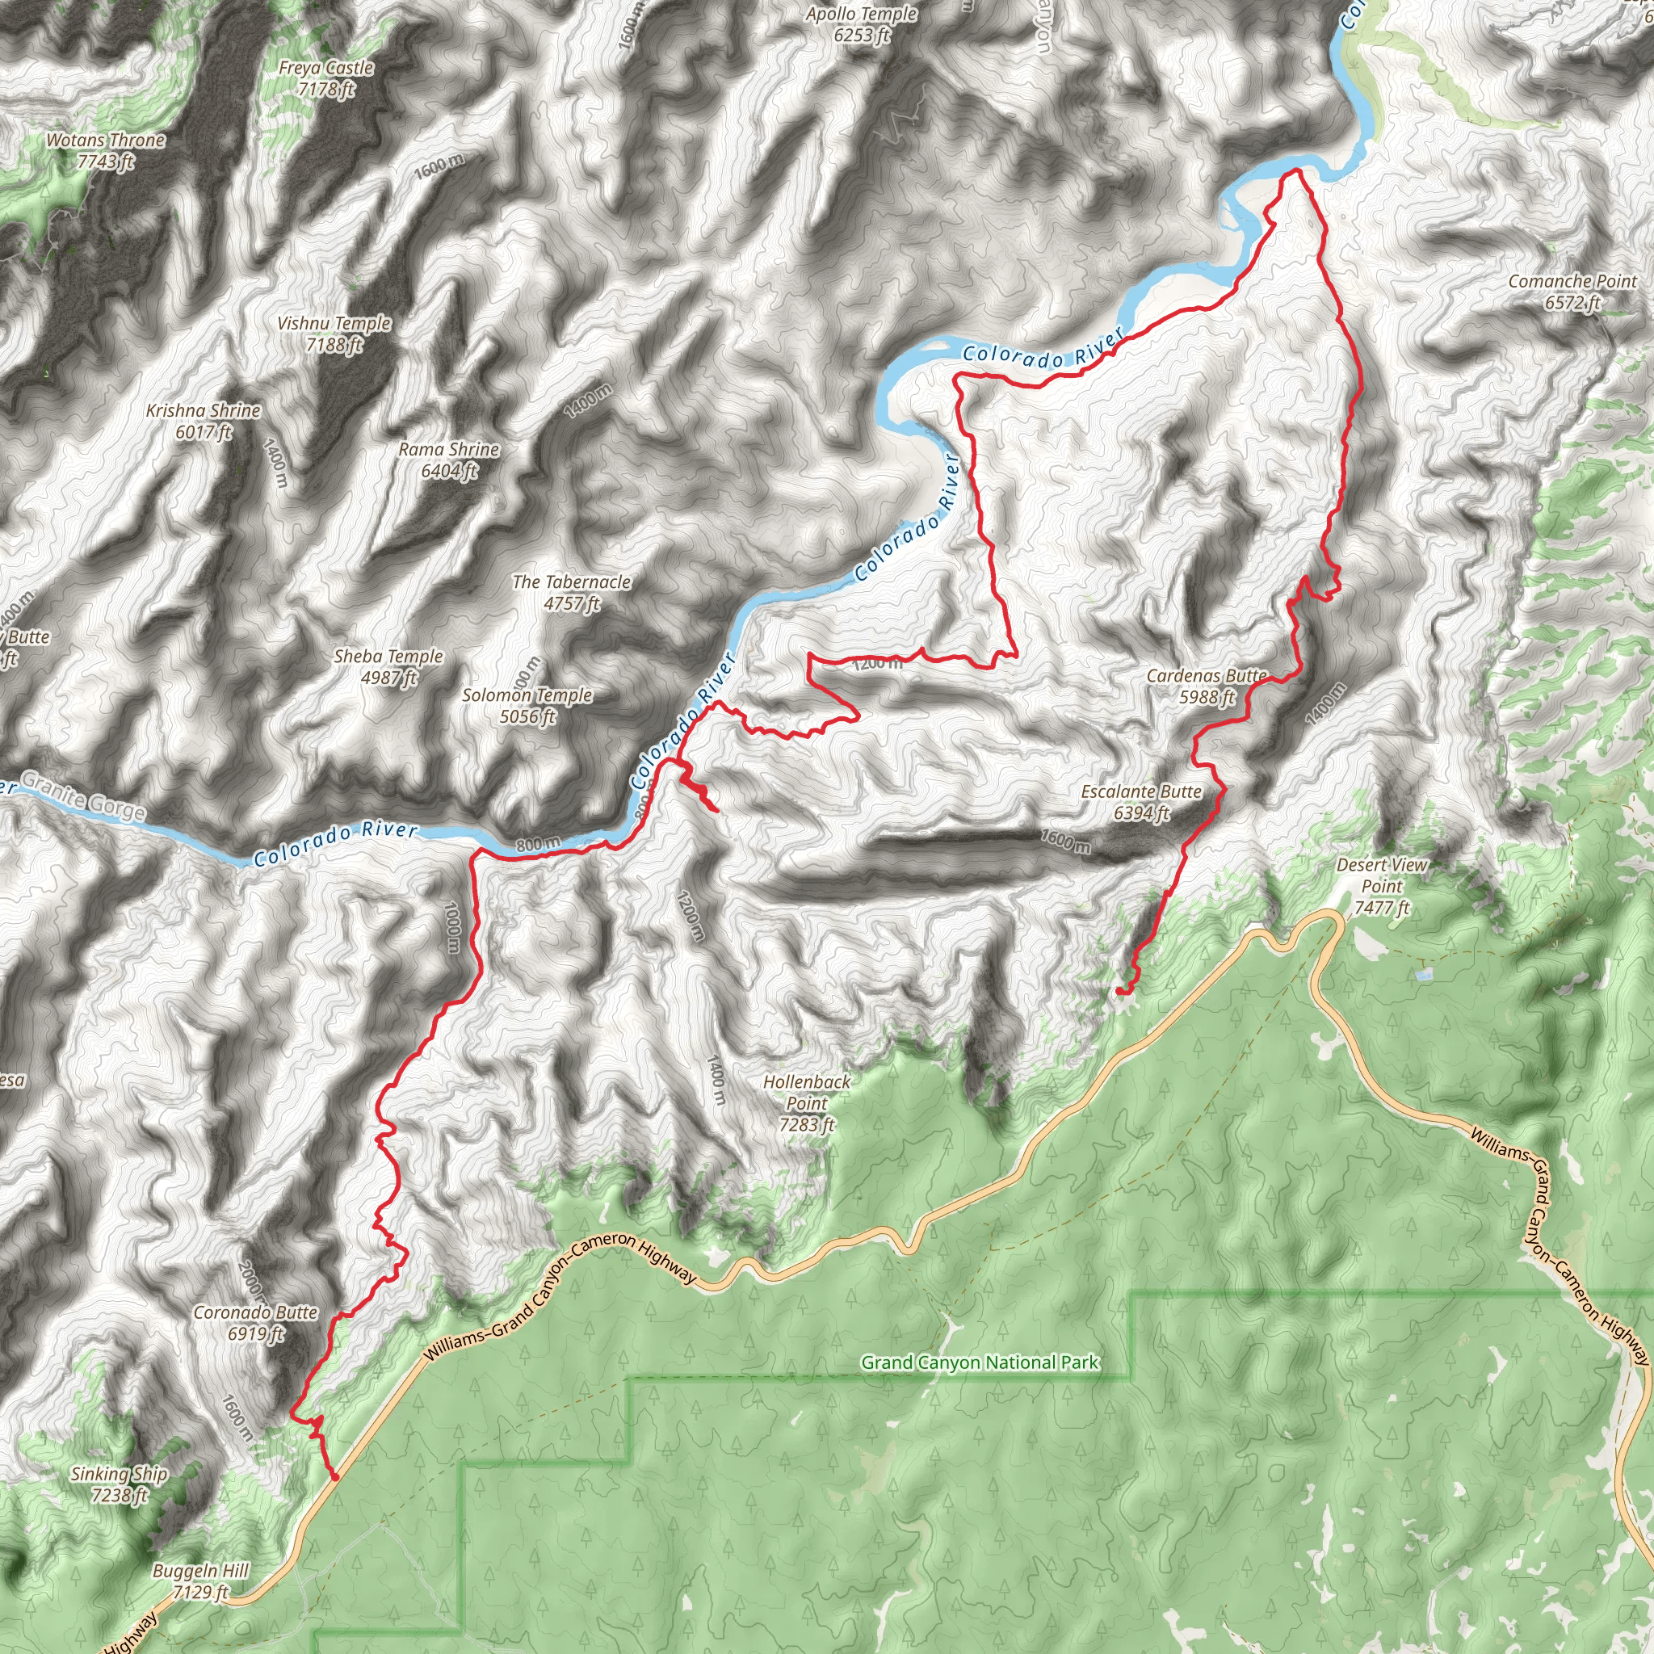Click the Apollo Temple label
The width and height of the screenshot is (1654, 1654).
point(861,24)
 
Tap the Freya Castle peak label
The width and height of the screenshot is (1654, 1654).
point(326,78)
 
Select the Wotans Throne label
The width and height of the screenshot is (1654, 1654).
point(105,151)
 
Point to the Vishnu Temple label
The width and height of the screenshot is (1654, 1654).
point(334,334)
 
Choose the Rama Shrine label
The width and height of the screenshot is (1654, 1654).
point(448,460)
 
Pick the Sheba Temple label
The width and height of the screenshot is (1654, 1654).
point(388,667)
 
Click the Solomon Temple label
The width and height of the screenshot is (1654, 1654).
point(527,705)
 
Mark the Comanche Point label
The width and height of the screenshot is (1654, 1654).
point(1572,291)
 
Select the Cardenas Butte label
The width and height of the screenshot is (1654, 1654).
point(1207,686)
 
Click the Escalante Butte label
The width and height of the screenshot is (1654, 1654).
point(1141,802)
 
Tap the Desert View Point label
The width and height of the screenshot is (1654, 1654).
point(1382,886)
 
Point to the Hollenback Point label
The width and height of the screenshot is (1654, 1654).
point(807,1102)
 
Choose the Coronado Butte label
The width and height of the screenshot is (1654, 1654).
point(255,1323)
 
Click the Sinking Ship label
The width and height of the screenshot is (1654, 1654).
point(119,1484)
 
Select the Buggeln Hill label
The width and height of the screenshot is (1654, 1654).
point(200,1581)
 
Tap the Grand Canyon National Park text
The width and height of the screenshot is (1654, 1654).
point(980,1362)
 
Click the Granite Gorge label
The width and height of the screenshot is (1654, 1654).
point(82,796)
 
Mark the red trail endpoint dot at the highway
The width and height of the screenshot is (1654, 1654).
point(334,1477)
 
